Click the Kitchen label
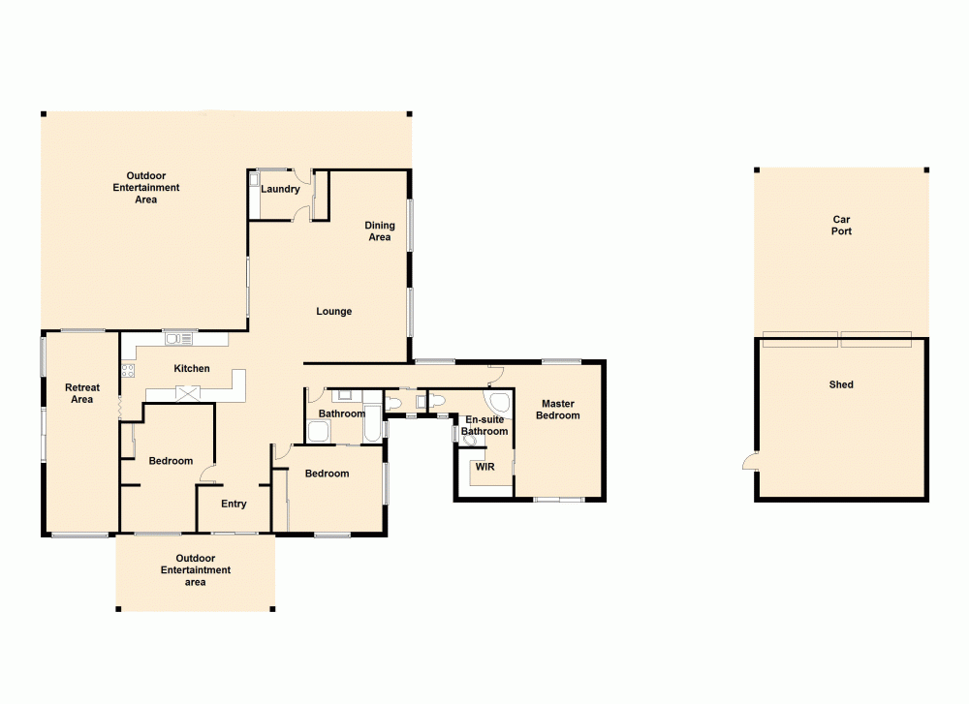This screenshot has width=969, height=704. click(x=191, y=369)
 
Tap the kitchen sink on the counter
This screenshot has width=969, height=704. click(x=178, y=338)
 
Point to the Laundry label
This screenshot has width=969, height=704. click(x=280, y=189)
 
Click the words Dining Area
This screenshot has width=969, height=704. click(x=380, y=231)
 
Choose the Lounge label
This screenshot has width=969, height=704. click(x=334, y=312)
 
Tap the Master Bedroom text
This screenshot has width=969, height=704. click(x=559, y=410)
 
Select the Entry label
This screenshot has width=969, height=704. click(x=234, y=504)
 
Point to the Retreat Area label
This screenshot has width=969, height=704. click(x=82, y=394)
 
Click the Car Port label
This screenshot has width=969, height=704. click(x=841, y=226)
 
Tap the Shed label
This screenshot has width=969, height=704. click(x=841, y=384)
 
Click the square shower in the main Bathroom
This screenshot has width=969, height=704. click(x=319, y=431)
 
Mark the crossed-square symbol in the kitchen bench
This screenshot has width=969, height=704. click(x=186, y=392)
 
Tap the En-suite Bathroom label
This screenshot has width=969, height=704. click(x=484, y=425)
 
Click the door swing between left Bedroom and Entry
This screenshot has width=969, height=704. click(x=207, y=474)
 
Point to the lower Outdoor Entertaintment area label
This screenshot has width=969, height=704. click(x=196, y=570)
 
